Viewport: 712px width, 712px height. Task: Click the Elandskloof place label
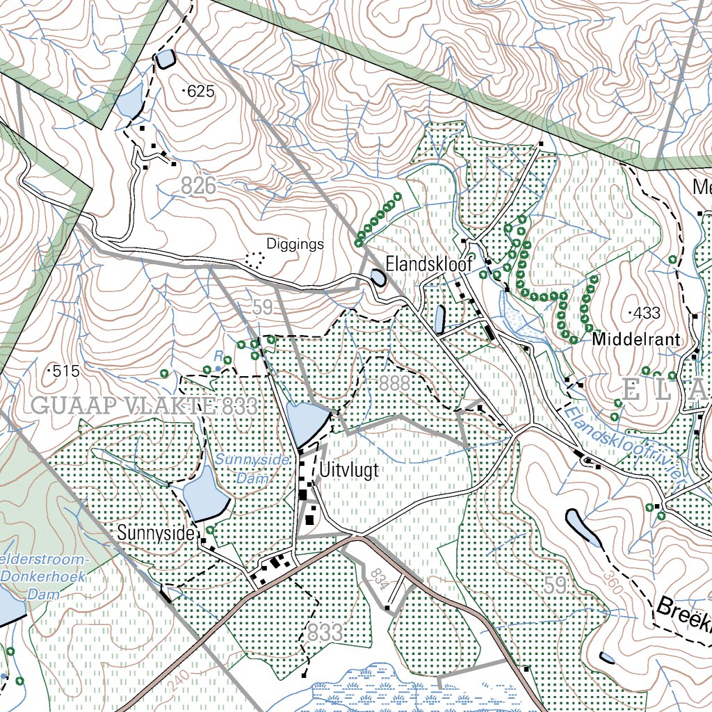point(429,264)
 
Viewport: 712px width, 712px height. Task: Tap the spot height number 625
point(199,91)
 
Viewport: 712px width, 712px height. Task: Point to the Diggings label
point(296,245)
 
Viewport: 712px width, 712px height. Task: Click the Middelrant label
point(636,340)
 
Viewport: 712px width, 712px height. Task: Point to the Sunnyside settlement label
point(156,533)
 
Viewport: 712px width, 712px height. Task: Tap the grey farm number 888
point(395,383)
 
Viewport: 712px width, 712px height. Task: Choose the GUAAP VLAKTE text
point(122,406)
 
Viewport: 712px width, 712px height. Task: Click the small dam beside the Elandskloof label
point(378,278)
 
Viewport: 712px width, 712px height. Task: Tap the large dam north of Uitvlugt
point(305,423)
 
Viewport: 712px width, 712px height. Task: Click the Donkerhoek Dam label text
point(43,577)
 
